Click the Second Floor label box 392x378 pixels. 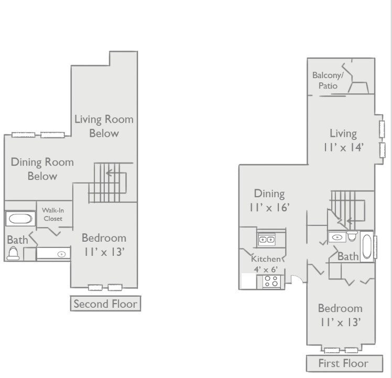[105, 304]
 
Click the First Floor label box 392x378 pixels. [344, 363]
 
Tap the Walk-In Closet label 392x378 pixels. [53, 214]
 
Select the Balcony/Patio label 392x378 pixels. [328, 81]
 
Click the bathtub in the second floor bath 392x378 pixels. [20, 219]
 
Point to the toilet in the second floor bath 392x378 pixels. [13, 253]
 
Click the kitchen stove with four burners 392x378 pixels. [271, 281]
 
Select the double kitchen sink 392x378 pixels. [267, 240]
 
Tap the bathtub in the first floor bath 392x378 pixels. [367, 246]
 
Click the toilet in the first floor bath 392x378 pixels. [352, 236]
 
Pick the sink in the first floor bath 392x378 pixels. [337, 237]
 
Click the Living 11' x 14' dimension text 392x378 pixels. [343, 141]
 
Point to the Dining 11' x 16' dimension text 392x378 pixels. [269, 200]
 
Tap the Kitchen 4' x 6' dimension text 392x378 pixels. [266, 264]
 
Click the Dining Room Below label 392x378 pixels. [42, 169]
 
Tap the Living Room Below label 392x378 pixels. [104, 126]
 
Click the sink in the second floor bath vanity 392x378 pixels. [61, 254]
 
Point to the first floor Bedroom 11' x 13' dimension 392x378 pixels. [340, 315]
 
